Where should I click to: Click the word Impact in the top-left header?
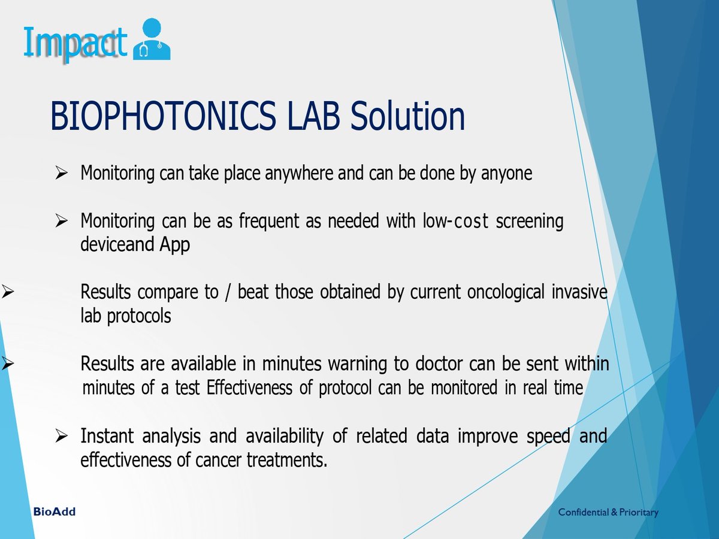(x=75, y=43)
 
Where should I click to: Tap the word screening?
(x=530, y=222)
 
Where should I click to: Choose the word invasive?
(x=579, y=293)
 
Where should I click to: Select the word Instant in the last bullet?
(x=107, y=436)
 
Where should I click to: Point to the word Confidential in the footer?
(x=583, y=513)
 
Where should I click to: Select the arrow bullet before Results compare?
(x=8, y=293)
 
